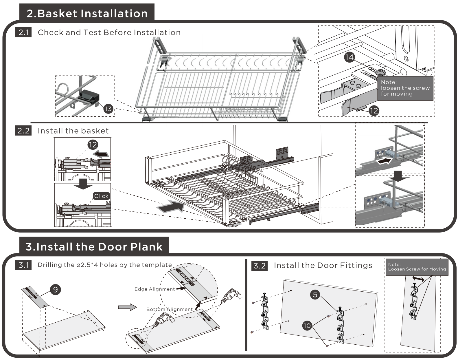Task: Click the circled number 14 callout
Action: (x=349, y=57)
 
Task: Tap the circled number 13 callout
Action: (x=108, y=109)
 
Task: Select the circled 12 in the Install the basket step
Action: (x=93, y=145)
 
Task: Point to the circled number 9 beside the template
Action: (x=56, y=290)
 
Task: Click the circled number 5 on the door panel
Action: (x=315, y=295)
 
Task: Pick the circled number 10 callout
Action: (x=307, y=326)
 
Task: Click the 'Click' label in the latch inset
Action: (x=101, y=196)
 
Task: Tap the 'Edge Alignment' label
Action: (x=155, y=289)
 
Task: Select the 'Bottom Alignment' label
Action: (x=170, y=309)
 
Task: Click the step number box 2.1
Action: (x=23, y=32)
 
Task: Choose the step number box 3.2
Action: (x=260, y=266)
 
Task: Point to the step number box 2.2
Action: (x=23, y=131)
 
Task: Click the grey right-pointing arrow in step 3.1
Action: (x=128, y=307)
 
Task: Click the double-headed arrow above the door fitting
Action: (x=418, y=279)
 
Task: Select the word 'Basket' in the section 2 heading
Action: (x=57, y=14)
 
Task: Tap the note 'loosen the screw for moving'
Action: (x=405, y=88)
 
